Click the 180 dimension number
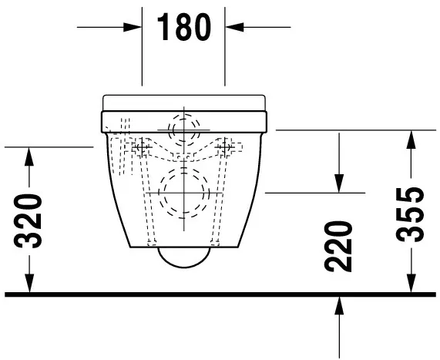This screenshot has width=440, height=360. point(183,28)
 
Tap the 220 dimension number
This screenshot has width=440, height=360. point(338,246)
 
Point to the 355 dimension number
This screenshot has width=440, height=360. point(414,214)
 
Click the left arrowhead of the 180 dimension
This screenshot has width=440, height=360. point(134,27)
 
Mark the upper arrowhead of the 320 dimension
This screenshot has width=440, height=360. point(30,154)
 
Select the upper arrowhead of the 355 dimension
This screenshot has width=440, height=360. point(415,139)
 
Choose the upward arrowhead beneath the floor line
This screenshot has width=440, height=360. point(338,304)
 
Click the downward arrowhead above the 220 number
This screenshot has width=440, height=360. point(338,184)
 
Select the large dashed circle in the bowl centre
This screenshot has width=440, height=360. point(183,190)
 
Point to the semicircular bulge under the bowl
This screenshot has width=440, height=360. point(183,257)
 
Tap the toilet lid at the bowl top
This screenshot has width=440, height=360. point(183,101)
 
